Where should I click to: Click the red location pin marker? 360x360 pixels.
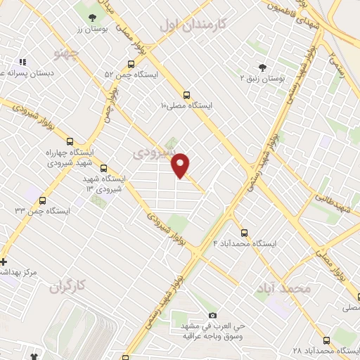click(181, 165)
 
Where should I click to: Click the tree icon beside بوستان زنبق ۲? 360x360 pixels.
click(262, 68)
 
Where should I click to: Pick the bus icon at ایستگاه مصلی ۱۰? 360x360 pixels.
click(186, 95)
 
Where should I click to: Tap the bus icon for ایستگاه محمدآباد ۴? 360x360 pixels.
click(245, 233)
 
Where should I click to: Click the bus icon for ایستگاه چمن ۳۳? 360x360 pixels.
click(43, 200)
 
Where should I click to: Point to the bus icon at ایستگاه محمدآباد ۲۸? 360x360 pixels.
click(326, 340)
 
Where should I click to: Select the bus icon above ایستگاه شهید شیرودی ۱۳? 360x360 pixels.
click(104, 169)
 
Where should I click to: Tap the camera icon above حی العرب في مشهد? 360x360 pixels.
click(213, 316)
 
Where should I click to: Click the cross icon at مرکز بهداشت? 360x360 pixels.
click(4, 262)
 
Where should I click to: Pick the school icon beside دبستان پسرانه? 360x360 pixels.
click(22, 62)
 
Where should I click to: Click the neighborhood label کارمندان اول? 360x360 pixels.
click(194, 25)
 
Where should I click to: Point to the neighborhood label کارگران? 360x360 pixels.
click(67, 285)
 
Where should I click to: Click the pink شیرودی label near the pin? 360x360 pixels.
click(150, 151)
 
